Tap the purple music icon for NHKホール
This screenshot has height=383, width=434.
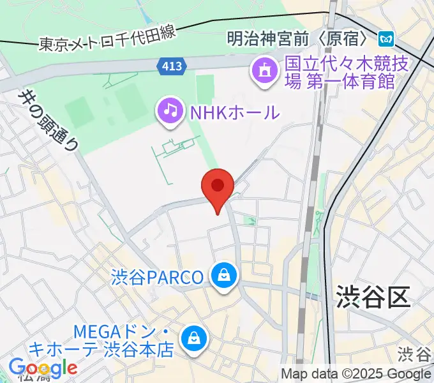tap(170, 110)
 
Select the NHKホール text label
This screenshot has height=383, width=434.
tap(234, 112)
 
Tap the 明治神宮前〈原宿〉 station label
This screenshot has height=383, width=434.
tap(299, 39)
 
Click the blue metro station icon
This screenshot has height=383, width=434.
tap(385, 39)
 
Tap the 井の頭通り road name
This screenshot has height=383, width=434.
tap(49, 119)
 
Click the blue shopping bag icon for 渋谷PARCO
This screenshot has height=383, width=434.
tap(224, 276)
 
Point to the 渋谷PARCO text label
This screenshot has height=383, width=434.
tap(157, 278)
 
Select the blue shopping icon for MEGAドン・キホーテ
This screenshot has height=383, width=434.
tap(192, 339)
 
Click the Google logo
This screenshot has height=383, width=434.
tap(43, 368)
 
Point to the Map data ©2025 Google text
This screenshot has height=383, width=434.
tap(356, 373)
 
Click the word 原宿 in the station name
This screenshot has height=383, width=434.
tap(344, 39)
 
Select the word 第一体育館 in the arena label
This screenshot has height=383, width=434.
tap(359, 81)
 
